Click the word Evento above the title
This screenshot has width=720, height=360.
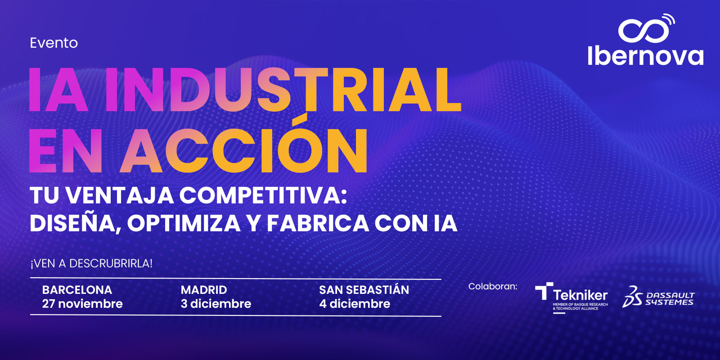pyautogui.click(x=54, y=43)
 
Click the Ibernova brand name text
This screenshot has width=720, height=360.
pyautogui.click(x=645, y=56)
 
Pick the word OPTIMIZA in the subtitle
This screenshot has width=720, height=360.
pyautogui.click(x=184, y=223)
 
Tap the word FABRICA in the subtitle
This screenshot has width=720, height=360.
pyautogui.click(x=318, y=223)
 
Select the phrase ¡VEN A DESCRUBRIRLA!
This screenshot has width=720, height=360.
pyautogui.click(x=91, y=264)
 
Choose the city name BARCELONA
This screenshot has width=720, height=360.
pyautogui.click(x=77, y=290)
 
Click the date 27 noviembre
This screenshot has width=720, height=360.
pyautogui.click(x=82, y=304)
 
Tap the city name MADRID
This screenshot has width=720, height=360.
pyautogui.click(x=204, y=290)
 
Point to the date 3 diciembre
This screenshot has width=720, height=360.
pyautogui.click(x=216, y=304)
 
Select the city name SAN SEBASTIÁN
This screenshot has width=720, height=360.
pyautogui.click(x=364, y=289)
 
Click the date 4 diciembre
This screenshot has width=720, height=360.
pyautogui.click(x=355, y=304)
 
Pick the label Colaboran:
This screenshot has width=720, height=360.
pyautogui.click(x=493, y=286)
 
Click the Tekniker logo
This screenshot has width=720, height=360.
pyautogui.click(x=571, y=297)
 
